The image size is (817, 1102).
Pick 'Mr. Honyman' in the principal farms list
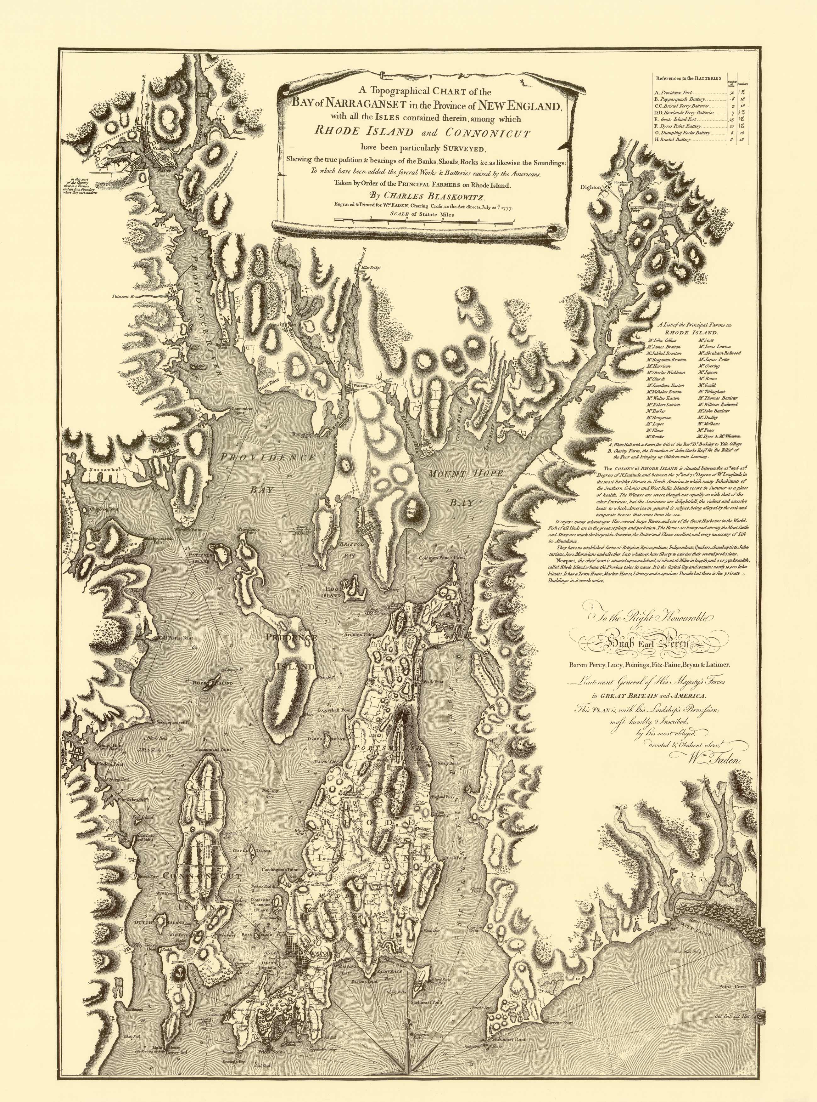pos(658,418)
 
